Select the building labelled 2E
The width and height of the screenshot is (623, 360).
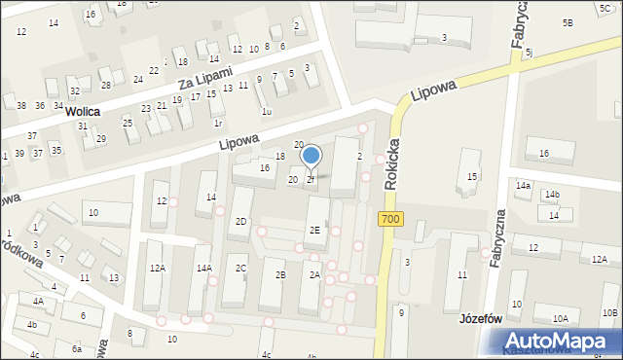coord(314,231)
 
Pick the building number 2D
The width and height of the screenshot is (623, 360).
coord(240,222)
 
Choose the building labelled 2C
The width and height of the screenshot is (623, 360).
coord(240,268)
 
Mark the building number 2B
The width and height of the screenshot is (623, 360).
coord(280,275)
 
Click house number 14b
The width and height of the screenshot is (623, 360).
coord(552,196)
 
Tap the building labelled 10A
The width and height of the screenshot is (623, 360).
coord(561,318)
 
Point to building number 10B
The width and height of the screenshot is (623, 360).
coord(609,312)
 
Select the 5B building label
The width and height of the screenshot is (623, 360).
coord(568,22)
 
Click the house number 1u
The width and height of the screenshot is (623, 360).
coord(267,112)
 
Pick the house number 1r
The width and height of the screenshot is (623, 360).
coord(218,124)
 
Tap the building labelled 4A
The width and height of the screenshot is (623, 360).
coord(38,302)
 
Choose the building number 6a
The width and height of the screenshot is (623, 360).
coord(76,347)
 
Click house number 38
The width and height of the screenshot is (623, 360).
coord(21,105)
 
